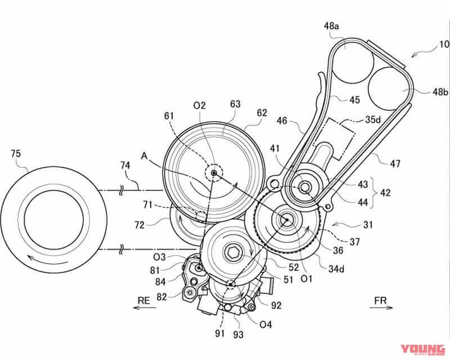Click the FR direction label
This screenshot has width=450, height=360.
point(380,301)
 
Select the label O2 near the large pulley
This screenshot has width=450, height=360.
point(199,105)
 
